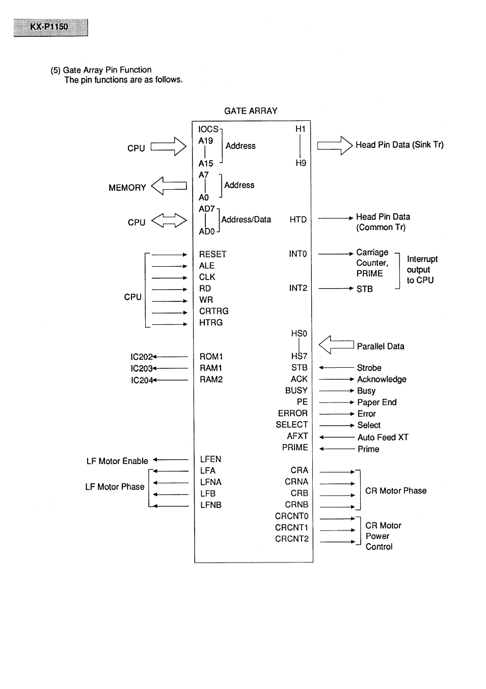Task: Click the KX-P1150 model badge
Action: tap(50, 27)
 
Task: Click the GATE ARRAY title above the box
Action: tap(251, 111)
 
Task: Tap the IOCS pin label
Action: tap(208, 130)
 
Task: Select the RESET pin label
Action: tap(212, 254)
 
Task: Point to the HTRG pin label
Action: tap(211, 322)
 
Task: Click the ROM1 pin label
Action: tap(211, 356)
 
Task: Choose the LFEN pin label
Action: tap(210, 459)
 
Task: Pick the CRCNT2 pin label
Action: tap(291, 539)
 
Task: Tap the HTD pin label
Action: tap(298, 219)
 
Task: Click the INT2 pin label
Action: tap(298, 288)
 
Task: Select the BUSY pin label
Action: tap(296, 391)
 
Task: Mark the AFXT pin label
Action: tap(298, 436)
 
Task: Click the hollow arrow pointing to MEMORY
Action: tap(169, 186)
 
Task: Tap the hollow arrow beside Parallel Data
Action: tap(336, 345)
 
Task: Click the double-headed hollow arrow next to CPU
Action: tap(169, 221)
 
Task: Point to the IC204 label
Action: tap(142, 380)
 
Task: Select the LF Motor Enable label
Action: tap(117, 461)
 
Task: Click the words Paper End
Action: tap(376, 402)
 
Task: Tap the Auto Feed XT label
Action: tap(383, 437)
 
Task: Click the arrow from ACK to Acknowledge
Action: tap(336, 379)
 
